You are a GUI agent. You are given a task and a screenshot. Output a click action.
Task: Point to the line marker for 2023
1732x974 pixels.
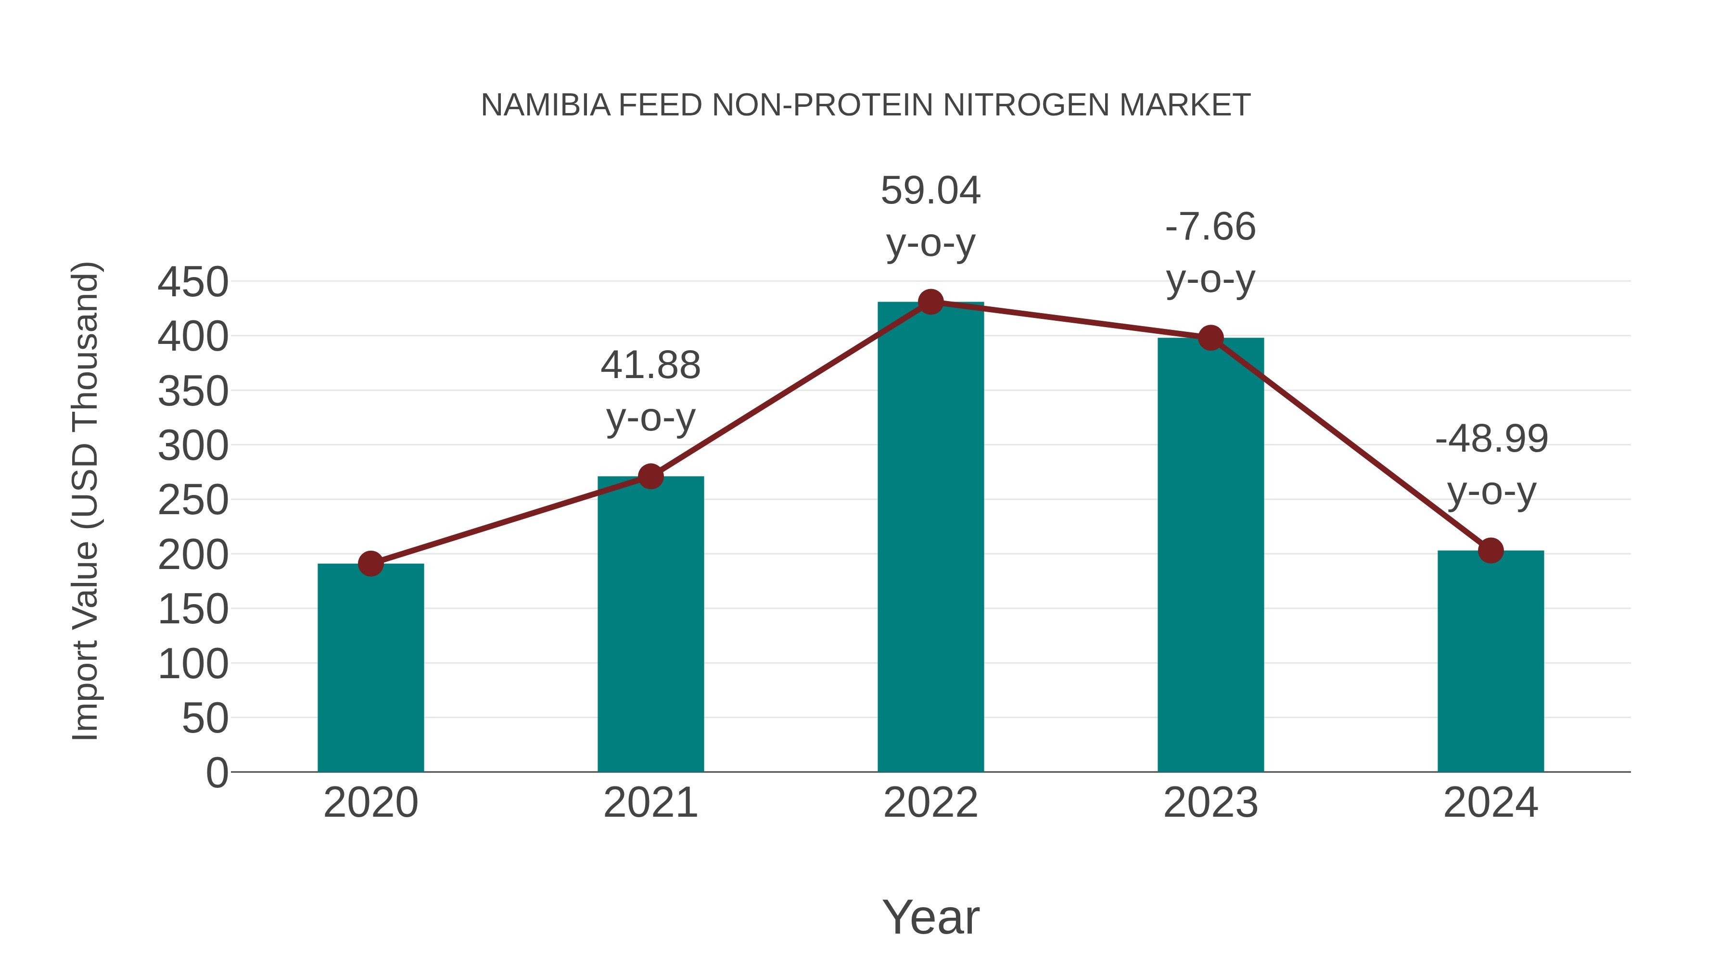[x=1210, y=338]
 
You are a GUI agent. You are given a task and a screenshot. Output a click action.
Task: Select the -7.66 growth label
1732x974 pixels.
[x=1210, y=227]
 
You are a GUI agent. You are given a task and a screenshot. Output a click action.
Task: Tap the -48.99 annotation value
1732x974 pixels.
[x=1491, y=439]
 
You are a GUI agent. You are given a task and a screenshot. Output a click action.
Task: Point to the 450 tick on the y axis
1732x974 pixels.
[x=193, y=282]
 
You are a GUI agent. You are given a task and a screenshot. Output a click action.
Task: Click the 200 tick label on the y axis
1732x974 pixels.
[x=193, y=555]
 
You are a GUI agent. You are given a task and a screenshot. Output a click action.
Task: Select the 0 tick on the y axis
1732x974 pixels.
[x=216, y=772]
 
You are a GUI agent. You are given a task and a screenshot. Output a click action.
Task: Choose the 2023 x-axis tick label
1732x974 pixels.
[x=1210, y=803]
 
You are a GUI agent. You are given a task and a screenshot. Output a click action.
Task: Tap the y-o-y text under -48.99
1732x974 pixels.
[x=1491, y=492]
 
